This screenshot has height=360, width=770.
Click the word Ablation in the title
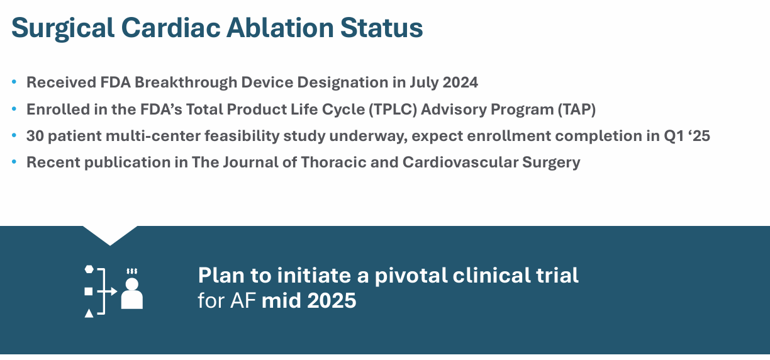pyautogui.click(x=280, y=28)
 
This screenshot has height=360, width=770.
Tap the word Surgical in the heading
pyautogui.click(x=63, y=29)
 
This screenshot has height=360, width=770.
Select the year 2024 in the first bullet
pyautogui.click(x=460, y=82)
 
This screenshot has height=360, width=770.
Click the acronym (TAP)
pyautogui.click(x=576, y=110)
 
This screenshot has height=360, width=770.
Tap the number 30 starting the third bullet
pyautogui.click(x=35, y=136)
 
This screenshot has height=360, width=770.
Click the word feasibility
pyautogui.click(x=242, y=136)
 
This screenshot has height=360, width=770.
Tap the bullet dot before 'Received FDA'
pyautogui.click(x=14, y=82)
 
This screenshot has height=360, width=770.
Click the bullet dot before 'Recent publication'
pyautogui.click(x=14, y=162)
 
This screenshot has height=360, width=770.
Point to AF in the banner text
pyautogui.click(x=243, y=300)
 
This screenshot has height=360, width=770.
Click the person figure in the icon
pyautogui.click(x=131, y=293)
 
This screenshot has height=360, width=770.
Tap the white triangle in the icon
pyautogui.click(x=89, y=313)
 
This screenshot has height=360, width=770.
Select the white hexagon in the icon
pyautogui.click(x=89, y=269)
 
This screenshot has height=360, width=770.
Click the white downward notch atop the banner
pyautogui.click(x=110, y=233)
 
